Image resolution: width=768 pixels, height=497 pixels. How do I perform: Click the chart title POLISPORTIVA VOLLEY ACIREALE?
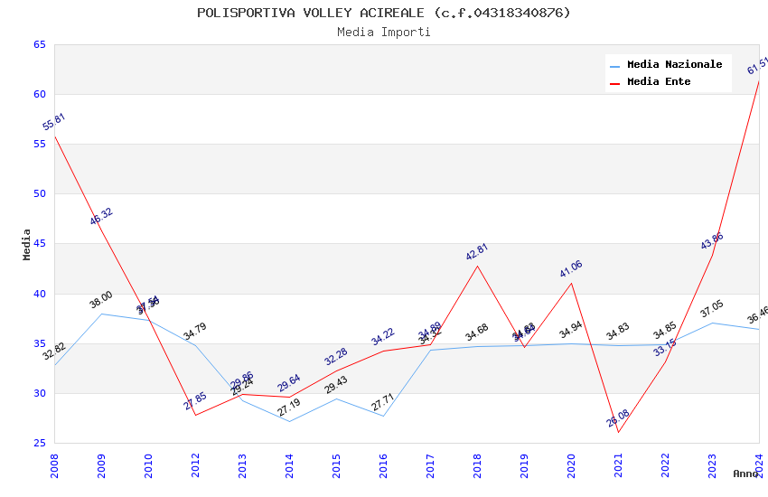point(384,13)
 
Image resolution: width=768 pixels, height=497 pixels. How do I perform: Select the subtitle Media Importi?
point(384,32)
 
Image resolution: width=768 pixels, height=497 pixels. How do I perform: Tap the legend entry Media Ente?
point(659,81)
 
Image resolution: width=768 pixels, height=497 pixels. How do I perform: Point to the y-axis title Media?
point(27,244)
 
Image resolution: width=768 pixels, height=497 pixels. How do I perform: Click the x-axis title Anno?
point(745,474)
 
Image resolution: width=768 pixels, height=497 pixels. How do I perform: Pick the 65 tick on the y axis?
point(39,44)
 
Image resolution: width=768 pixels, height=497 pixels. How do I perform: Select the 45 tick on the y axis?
point(39,244)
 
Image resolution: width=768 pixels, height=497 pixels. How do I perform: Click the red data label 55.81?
point(53,122)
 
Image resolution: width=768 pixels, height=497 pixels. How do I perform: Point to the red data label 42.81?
point(476,252)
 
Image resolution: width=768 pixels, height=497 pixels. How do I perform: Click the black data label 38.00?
point(100,300)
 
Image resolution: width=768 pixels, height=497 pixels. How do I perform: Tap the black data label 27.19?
point(288,408)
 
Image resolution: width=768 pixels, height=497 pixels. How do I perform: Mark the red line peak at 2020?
point(571,283)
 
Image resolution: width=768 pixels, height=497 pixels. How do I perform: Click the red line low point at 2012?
point(195,415)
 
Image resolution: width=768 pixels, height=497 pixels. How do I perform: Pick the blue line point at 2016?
point(383,416)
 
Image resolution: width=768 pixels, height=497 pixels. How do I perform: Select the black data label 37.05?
point(711,309)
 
